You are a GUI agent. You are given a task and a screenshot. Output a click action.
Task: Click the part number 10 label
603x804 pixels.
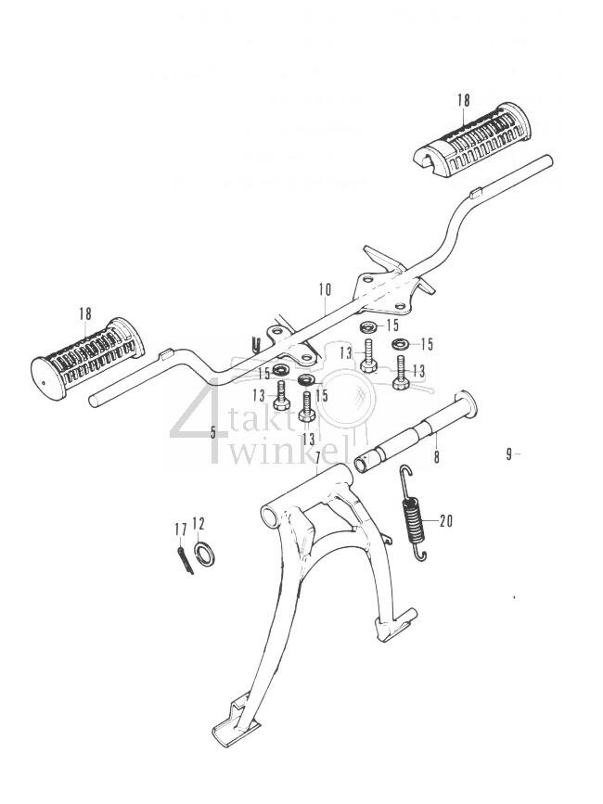click(324, 289)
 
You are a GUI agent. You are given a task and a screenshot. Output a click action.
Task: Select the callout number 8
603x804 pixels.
click(436, 456)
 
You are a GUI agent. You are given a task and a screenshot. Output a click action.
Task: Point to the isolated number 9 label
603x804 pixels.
click(509, 453)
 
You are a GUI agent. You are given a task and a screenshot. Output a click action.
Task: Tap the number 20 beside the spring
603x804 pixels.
click(445, 520)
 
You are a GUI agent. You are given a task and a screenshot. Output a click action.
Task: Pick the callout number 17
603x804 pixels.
click(180, 529)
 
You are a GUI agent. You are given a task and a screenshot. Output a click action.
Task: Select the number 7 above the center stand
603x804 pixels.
click(317, 458)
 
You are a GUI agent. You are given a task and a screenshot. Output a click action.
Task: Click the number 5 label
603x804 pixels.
click(212, 432)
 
